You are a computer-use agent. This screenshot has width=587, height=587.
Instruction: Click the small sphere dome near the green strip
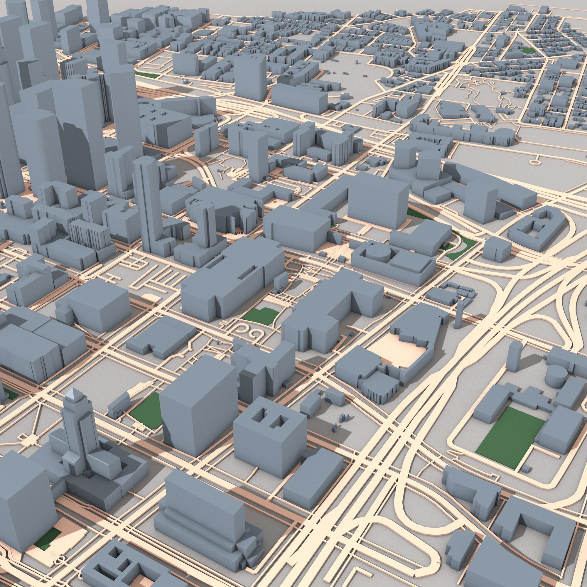[185, 81]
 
